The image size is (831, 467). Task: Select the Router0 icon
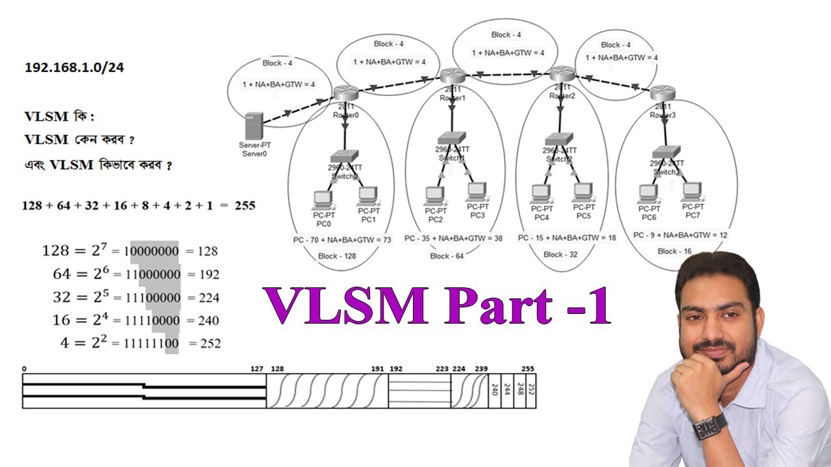pyautogui.click(x=342, y=94)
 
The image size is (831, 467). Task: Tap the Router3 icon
pyautogui.click(x=663, y=93)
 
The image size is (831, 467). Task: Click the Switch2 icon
pyautogui.click(x=559, y=138)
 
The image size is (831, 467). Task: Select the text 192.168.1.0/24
pyautogui.click(x=74, y=67)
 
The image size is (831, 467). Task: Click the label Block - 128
pyautogui.click(x=337, y=256)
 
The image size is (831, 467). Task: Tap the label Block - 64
pyautogui.click(x=447, y=256)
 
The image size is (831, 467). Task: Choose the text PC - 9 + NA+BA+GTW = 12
pyautogui.click(x=680, y=234)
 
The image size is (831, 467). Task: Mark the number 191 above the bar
pyautogui.click(x=377, y=368)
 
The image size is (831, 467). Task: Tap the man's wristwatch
pyautogui.click(x=710, y=427)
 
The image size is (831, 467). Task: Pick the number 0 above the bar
pyautogui.click(x=25, y=368)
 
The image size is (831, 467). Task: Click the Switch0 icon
pyautogui.click(x=340, y=157)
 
